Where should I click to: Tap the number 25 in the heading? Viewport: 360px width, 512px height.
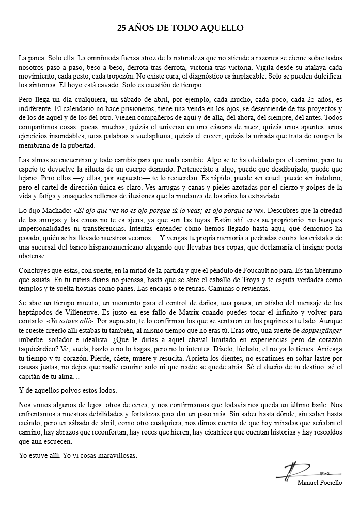tap(123, 28)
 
